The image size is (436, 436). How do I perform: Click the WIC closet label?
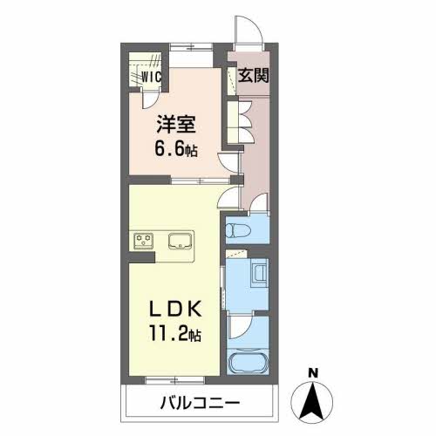pyautogui.click(x=153, y=76)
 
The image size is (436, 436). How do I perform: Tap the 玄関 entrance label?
pyautogui.click(x=254, y=75)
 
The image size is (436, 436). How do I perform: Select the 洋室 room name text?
pyautogui.click(x=174, y=125)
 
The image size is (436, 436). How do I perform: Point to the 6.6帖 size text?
pyautogui.click(x=176, y=148)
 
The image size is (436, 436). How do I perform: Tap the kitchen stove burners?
pyautogui.click(x=144, y=240)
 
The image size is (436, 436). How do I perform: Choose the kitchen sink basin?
pyautogui.click(x=181, y=240)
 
